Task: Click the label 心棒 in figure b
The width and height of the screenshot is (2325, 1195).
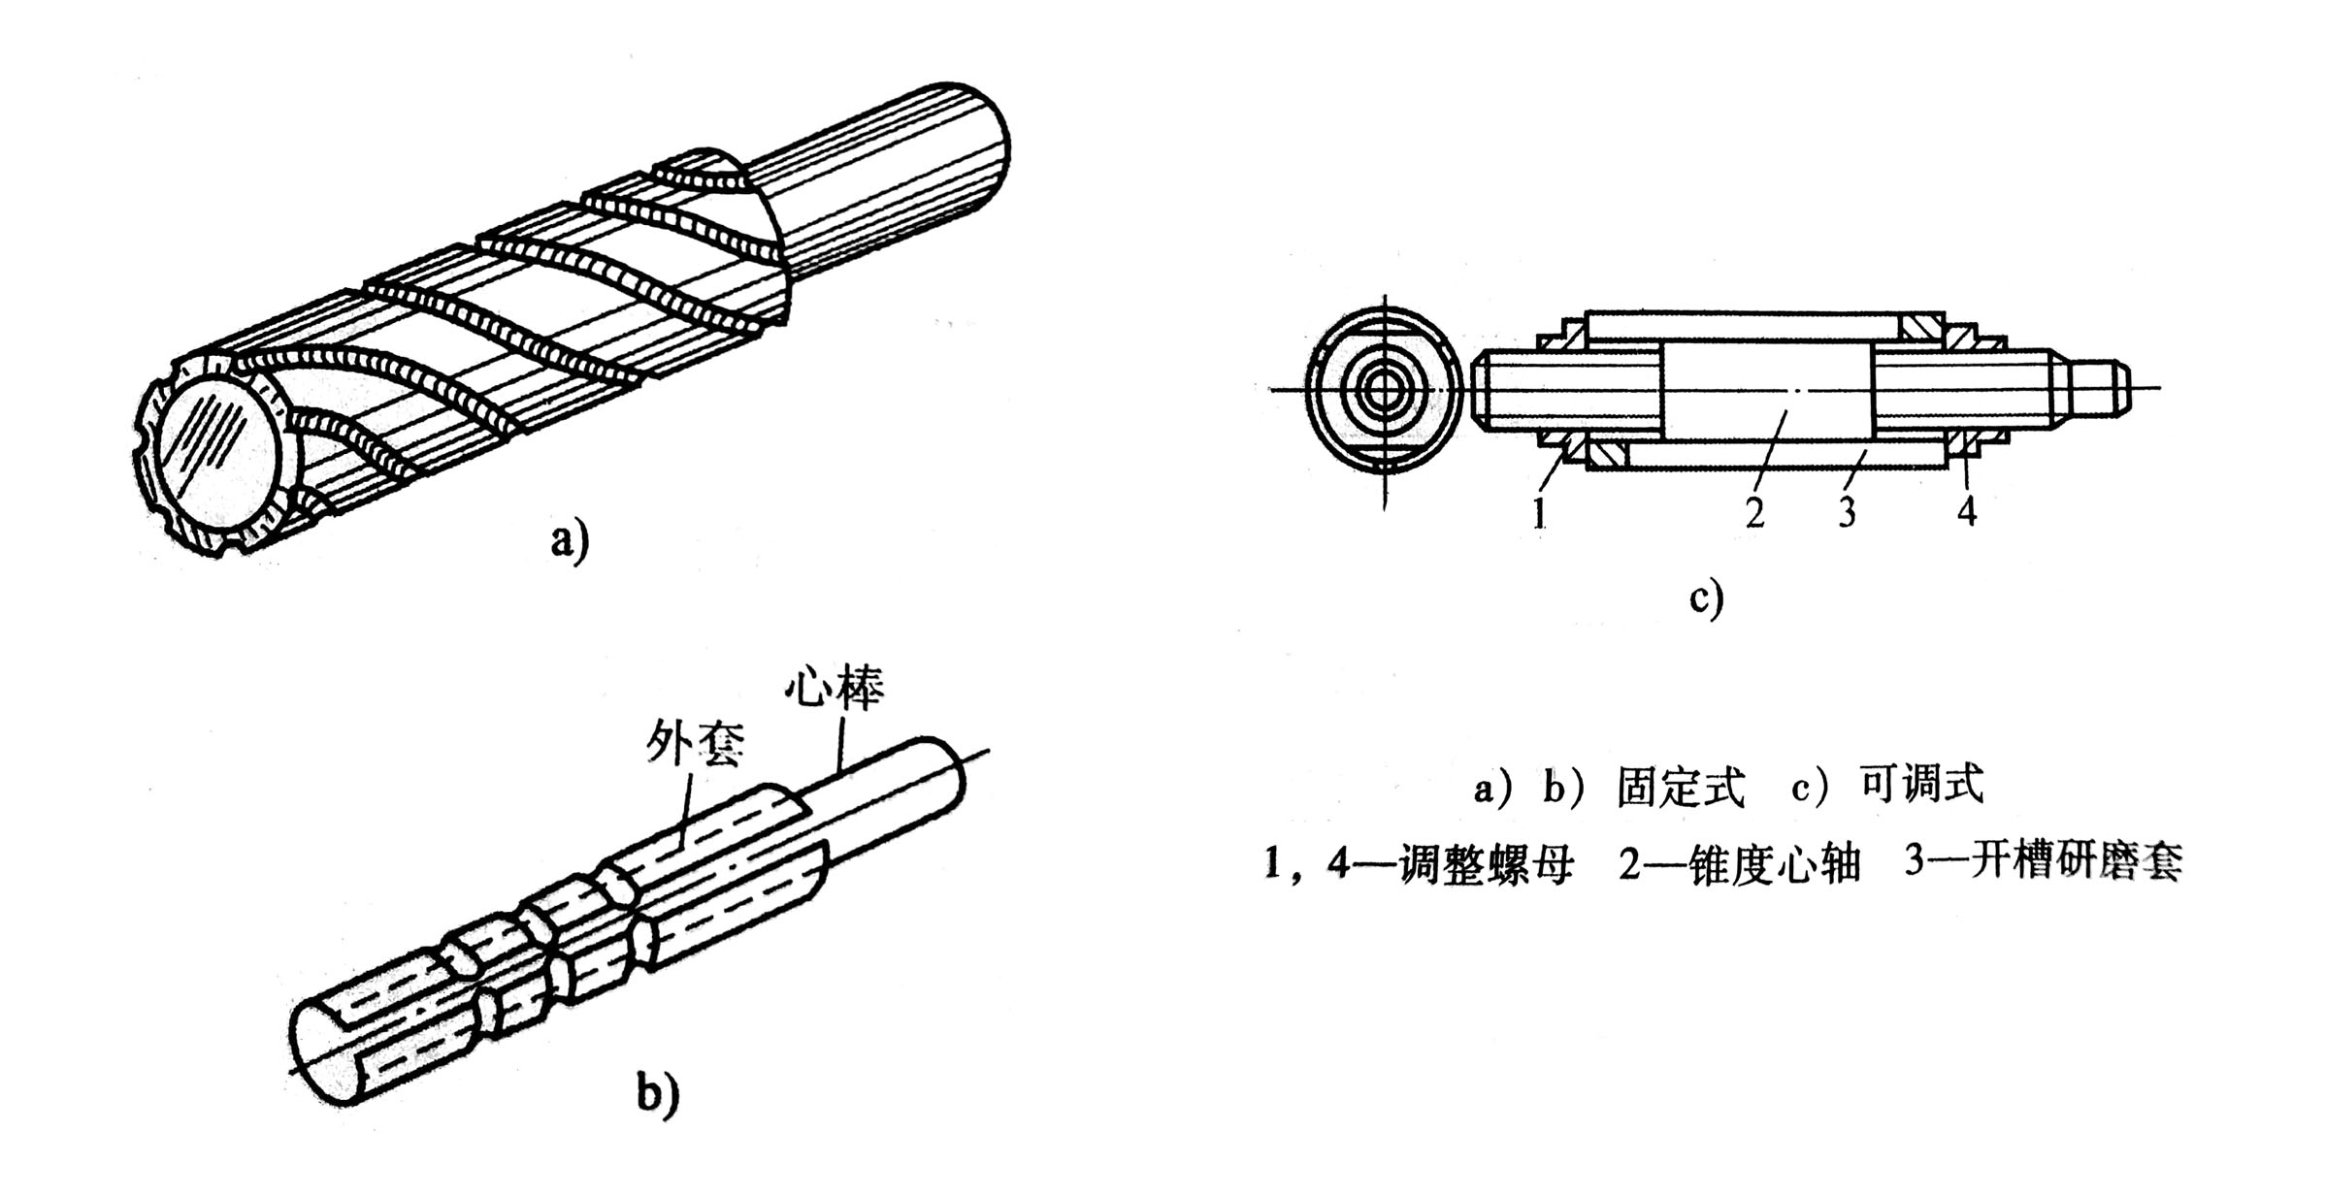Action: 835,693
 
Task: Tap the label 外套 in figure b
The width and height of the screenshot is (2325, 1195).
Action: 695,746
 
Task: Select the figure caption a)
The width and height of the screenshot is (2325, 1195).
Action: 570,541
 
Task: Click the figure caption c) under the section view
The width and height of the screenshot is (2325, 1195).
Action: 1706,597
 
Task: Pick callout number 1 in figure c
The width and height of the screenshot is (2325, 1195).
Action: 1538,512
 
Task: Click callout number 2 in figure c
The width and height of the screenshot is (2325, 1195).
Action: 1753,512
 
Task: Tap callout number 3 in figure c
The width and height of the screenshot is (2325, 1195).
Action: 1847,512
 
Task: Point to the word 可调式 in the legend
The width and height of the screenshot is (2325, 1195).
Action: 1921,785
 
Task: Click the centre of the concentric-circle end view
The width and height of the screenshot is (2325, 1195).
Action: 1384,390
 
